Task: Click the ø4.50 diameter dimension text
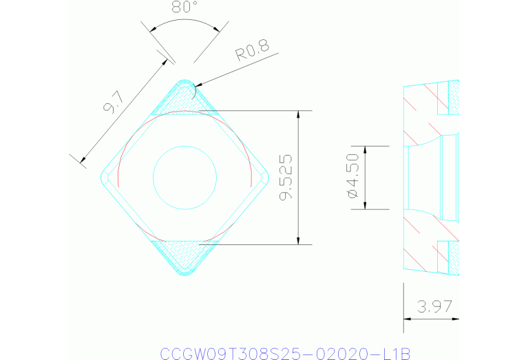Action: tap(353, 178)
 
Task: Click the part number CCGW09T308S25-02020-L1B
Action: tap(284, 353)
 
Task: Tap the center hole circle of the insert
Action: tap(183, 178)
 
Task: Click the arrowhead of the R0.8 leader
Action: tap(196, 87)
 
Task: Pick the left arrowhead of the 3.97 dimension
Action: tap(407, 319)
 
